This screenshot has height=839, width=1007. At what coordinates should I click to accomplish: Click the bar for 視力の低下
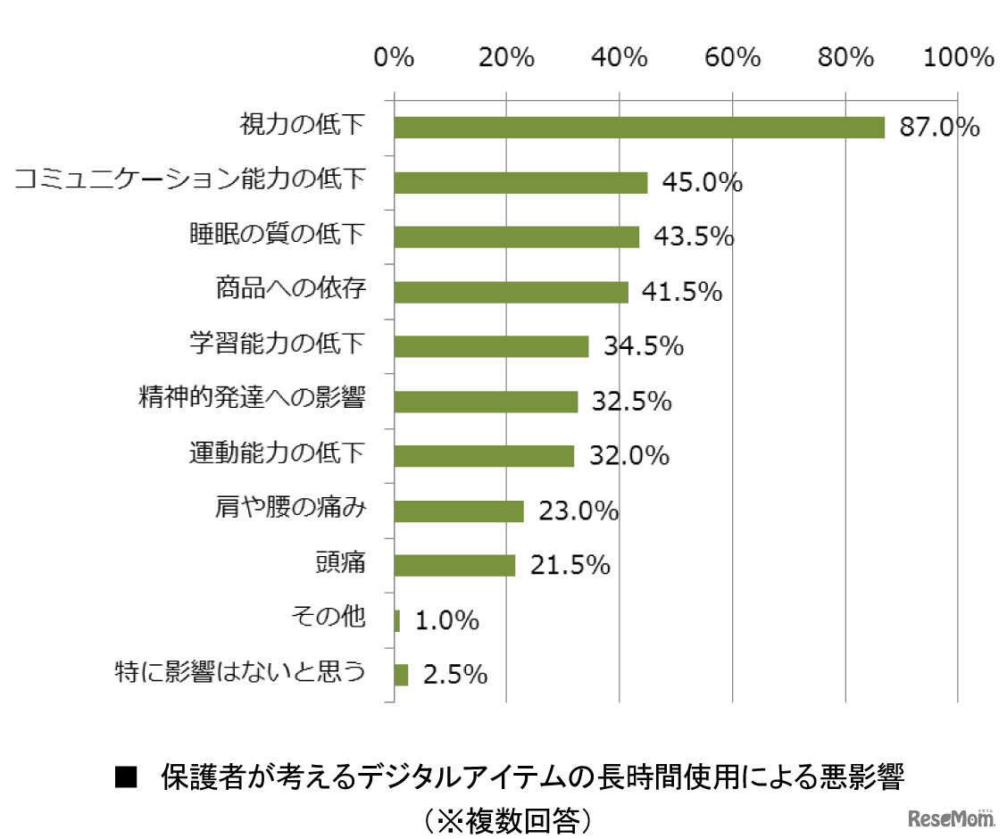pyautogui.click(x=638, y=128)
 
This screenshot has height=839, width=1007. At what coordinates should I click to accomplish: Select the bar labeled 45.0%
pyautogui.click(x=520, y=182)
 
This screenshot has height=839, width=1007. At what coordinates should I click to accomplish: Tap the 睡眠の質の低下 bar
pyautogui.click(x=516, y=237)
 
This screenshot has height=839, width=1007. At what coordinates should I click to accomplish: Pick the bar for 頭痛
pyautogui.click(x=454, y=565)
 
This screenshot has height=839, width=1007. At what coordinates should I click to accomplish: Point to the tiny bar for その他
pyautogui.click(x=396, y=620)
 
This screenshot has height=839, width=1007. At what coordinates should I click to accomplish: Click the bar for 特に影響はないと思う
pyautogui.click(x=401, y=675)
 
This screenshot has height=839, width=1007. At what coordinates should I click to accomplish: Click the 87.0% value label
pyautogui.click(x=940, y=128)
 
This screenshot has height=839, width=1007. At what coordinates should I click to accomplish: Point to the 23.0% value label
pyautogui.click(x=578, y=511)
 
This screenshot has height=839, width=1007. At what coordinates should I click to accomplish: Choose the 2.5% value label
pyautogui.click(x=455, y=675)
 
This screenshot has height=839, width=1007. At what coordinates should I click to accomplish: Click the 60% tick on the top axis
pyautogui.click(x=732, y=58)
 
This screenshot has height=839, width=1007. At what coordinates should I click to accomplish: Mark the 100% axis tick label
pyautogui.click(x=957, y=58)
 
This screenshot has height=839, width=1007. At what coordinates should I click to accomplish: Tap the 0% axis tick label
pyautogui.click(x=394, y=58)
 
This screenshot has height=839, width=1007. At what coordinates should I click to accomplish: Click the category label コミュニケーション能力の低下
pyautogui.click(x=190, y=179)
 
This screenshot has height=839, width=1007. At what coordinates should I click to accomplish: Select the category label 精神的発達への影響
pyautogui.click(x=252, y=398)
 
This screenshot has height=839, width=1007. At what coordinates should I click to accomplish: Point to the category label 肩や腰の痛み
pyautogui.click(x=290, y=508)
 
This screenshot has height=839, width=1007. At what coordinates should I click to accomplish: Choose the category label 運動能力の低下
pyautogui.click(x=277, y=453)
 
